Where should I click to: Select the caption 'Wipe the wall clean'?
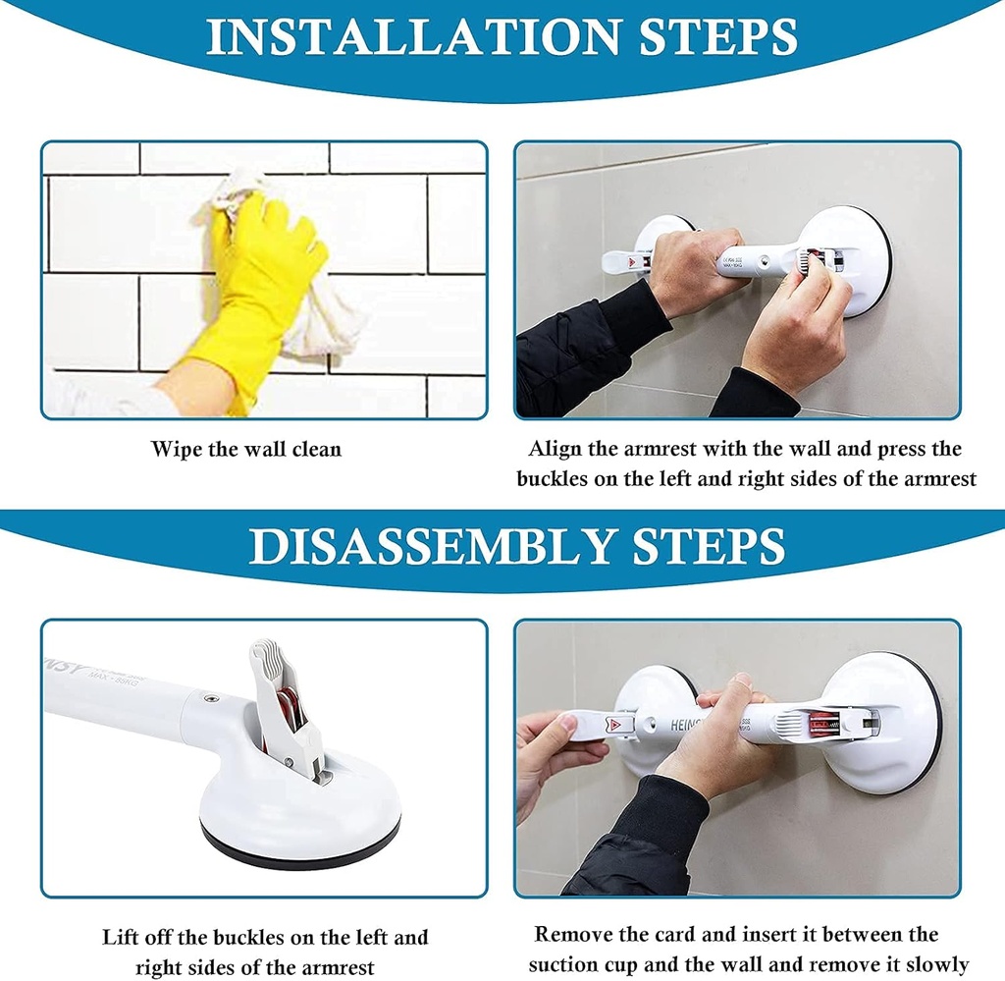(246, 450)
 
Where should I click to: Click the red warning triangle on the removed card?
(615, 725)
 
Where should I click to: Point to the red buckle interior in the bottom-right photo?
(821, 727)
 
